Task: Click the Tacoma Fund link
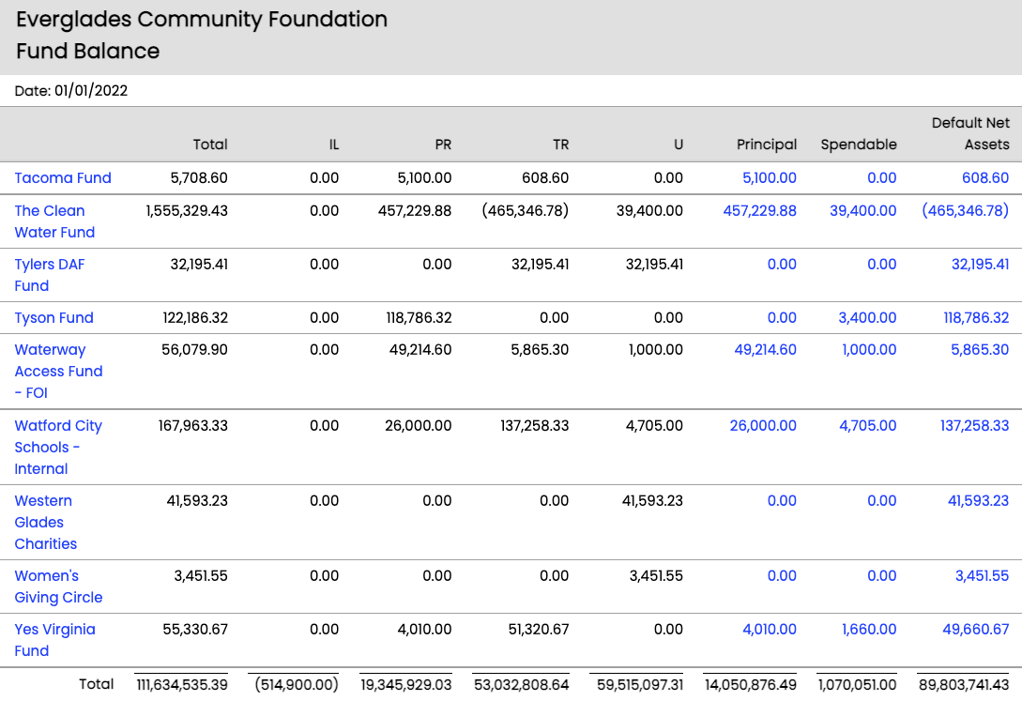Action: (63, 178)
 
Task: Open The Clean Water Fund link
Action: (54, 221)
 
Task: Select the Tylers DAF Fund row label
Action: (49, 275)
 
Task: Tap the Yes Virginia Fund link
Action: (54, 640)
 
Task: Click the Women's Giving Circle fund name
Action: (58, 587)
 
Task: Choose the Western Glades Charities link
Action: (46, 523)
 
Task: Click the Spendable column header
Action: (858, 145)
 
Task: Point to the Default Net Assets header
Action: (970, 134)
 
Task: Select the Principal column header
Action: (767, 145)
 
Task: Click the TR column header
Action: (560, 145)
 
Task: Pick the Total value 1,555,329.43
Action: (187, 211)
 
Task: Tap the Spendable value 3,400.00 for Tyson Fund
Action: (867, 318)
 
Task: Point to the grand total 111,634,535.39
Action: (181, 685)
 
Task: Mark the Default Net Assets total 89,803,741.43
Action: (966, 685)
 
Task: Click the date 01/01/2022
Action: (91, 91)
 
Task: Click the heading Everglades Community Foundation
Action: (202, 20)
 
